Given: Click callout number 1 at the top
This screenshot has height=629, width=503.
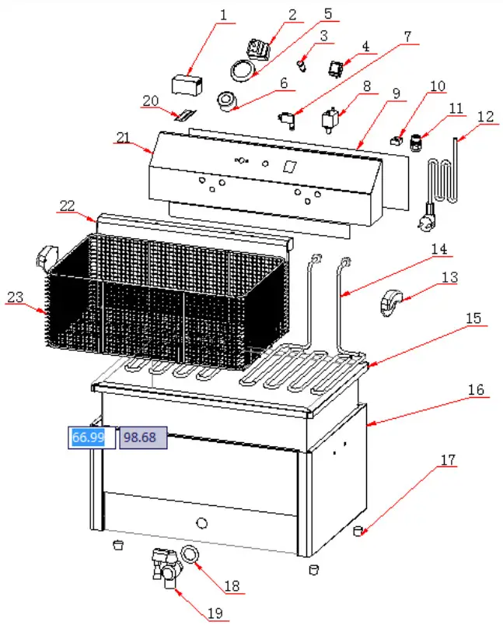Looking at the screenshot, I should (223, 14).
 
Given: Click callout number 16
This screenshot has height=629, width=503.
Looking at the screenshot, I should (477, 388).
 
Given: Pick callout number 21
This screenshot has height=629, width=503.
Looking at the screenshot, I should (122, 138).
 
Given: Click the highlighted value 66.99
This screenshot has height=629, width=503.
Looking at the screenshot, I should (88, 437).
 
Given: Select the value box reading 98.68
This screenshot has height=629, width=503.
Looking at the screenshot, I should (141, 437).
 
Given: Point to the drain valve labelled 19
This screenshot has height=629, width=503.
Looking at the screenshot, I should (166, 567).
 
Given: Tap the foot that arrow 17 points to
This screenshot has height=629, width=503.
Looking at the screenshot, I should (359, 532).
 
